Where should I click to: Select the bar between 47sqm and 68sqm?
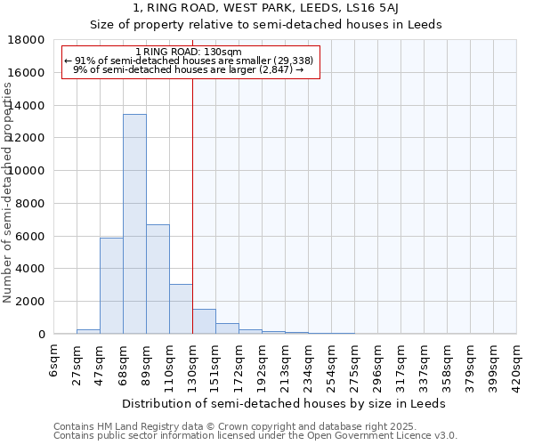point(111,286)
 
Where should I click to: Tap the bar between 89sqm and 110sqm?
point(158,279)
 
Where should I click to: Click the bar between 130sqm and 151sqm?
point(204,321)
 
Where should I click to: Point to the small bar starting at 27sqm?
point(88,331)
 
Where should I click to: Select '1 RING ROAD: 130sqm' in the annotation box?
point(189,52)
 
